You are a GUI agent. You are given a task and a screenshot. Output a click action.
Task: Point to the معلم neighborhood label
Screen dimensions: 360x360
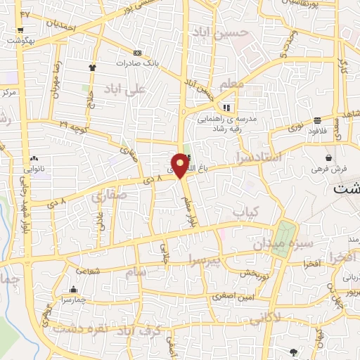[x=231, y=84]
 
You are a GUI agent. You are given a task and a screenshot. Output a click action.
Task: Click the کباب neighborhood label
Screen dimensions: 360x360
[x=246, y=211]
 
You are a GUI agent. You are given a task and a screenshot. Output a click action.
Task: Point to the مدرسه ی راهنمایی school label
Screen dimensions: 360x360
[x=233, y=119]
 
